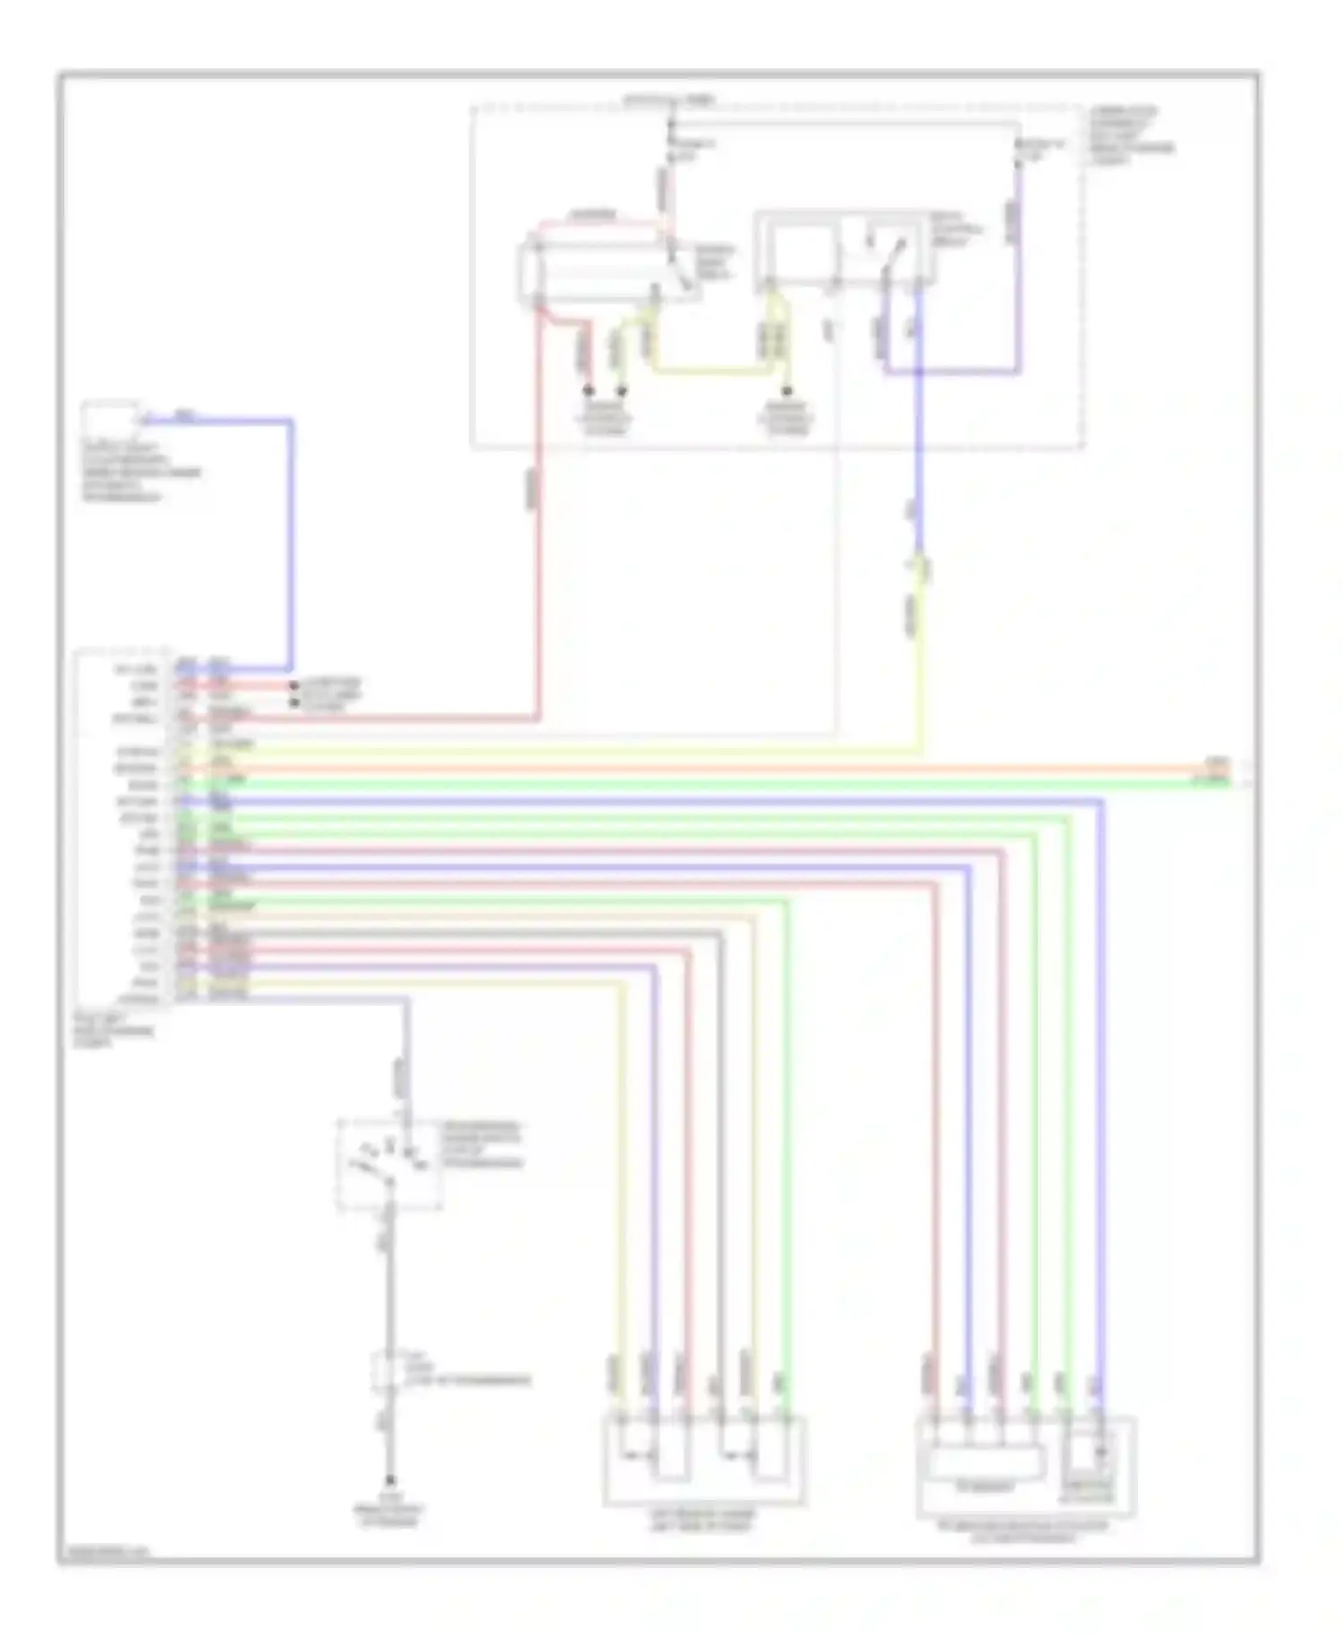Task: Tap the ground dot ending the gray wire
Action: (390, 1481)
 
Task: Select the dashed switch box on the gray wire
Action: (389, 1163)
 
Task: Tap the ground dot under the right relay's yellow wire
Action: (787, 391)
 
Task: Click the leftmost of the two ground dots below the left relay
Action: (589, 391)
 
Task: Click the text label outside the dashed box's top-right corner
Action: (1129, 134)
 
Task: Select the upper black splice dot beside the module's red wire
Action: (293, 686)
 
